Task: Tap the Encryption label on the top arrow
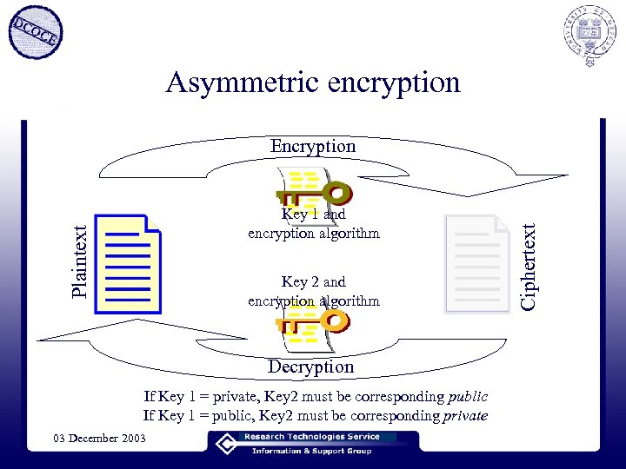click(x=313, y=146)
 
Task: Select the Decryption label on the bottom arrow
click(x=310, y=367)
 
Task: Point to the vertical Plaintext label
click(x=79, y=261)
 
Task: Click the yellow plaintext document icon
click(x=129, y=263)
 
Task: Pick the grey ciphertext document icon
click(x=476, y=263)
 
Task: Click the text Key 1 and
click(x=313, y=214)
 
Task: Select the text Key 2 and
click(x=313, y=281)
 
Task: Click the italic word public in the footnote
click(x=468, y=397)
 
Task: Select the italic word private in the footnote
click(x=464, y=415)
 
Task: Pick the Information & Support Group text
click(x=311, y=451)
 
